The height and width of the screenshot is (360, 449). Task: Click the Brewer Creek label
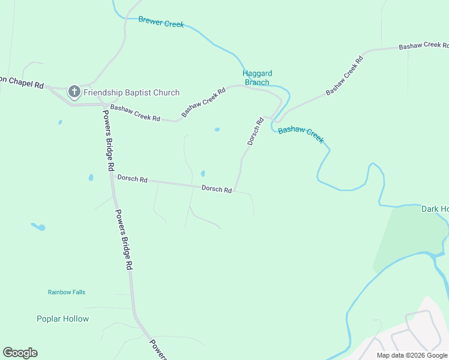(x=161, y=22)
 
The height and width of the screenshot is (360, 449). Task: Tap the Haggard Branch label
(x=256, y=78)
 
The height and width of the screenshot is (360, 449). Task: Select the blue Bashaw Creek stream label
(x=301, y=133)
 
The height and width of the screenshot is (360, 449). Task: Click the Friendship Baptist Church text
(x=131, y=92)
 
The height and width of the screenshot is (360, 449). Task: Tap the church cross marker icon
(x=74, y=92)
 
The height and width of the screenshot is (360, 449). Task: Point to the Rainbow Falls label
(x=67, y=292)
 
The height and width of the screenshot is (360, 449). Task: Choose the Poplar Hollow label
(x=62, y=319)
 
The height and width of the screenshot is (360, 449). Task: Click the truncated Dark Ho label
(x=435, y=209)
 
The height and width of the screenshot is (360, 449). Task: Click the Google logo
(x=20, y=353)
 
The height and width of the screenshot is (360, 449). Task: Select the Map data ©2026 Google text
(x=411, y=355)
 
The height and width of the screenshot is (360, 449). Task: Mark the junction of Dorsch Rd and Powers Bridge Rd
(x=112, y=176)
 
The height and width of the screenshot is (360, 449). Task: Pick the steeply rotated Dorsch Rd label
(x=255, y=131)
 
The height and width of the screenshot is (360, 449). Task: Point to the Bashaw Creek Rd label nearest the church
(x=135, y=113)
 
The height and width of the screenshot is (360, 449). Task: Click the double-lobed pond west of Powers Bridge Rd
(x=38, y=227)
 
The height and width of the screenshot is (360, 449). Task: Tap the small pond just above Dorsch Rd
(x=202, y=173)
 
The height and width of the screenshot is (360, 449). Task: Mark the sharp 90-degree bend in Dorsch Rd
(x=235, y=191)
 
